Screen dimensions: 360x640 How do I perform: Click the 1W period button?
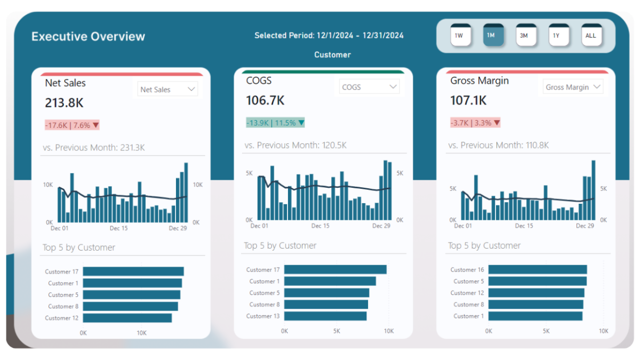coord(459,36)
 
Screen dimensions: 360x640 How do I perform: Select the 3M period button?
coord(524,36)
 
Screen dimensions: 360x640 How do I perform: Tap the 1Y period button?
coord(557,36)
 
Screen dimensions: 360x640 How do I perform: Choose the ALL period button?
coord(590,36)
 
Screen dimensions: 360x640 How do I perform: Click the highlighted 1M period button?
coord(492,36)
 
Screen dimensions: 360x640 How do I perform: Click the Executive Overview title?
coord(88,36)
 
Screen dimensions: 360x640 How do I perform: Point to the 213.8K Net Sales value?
coord(64,103)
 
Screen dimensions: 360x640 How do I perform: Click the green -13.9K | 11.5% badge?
coord(275,123)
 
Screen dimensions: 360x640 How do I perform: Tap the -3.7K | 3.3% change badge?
coord(475,123)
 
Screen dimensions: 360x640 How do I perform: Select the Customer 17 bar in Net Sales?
coord(133,271)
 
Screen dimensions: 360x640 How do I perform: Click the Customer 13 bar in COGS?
coord(325,316)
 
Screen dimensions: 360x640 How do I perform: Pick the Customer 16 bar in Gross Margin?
coord(538,270)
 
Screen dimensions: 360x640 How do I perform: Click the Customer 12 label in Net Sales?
coord(62,318)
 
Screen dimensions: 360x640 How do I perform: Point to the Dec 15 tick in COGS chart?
coord(320,226)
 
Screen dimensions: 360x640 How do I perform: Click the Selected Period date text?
coord(329,36)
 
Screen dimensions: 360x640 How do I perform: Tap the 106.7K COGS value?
coord(265,100)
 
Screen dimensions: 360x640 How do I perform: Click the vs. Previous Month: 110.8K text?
coord(499,145)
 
